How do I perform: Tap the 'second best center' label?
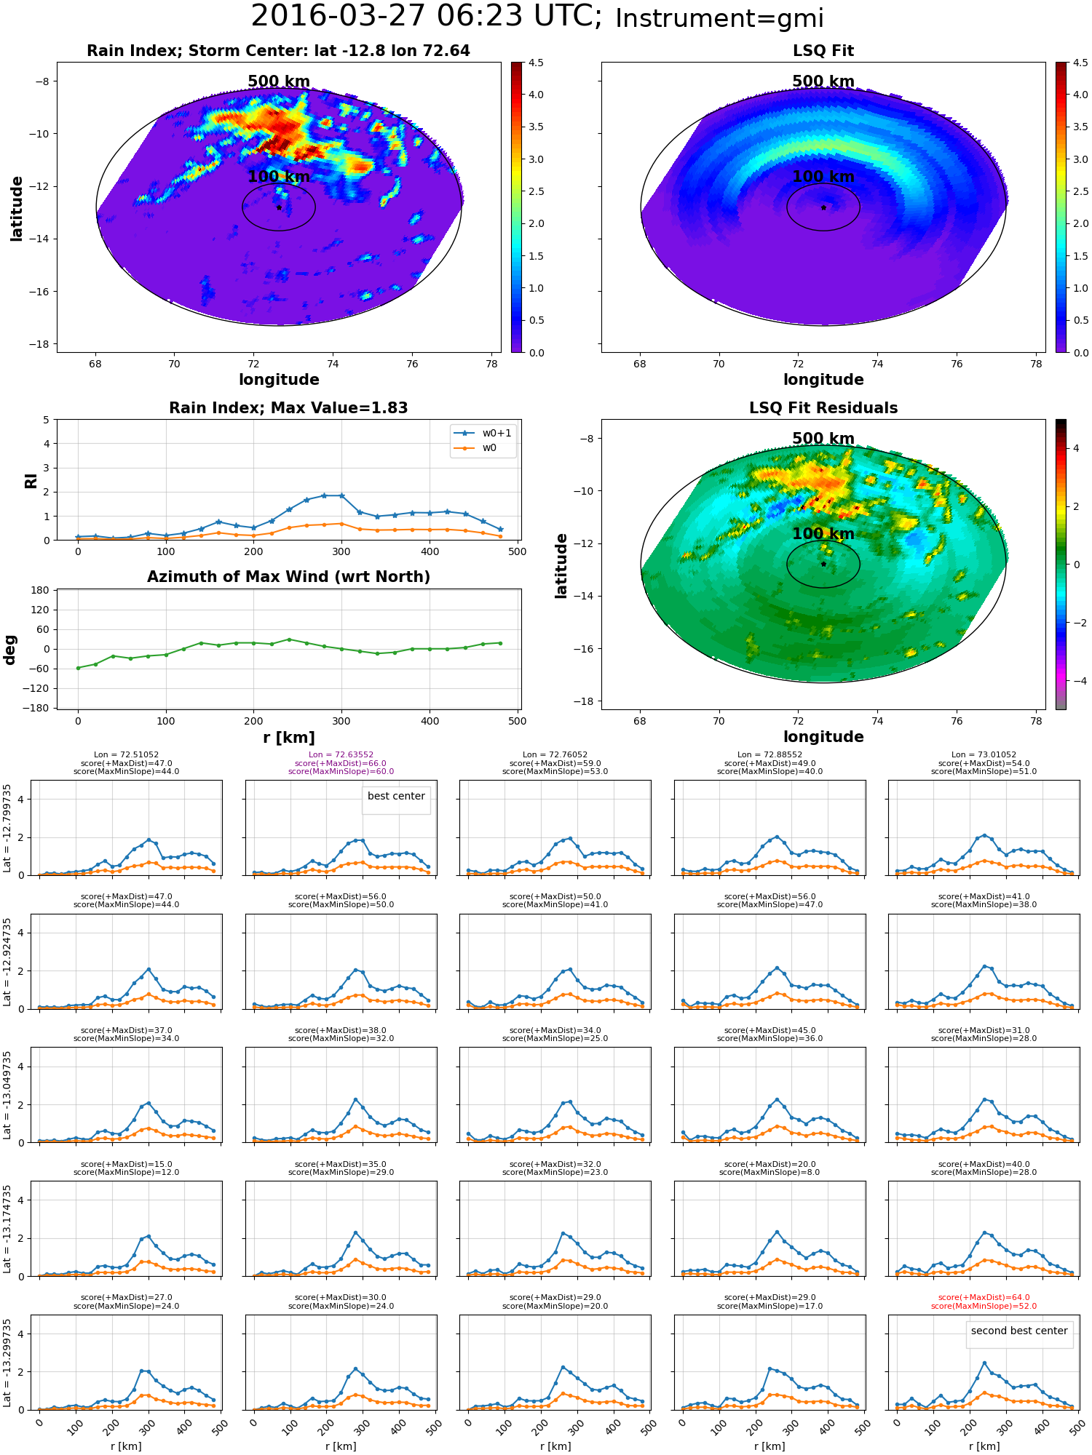pos(1019,1331)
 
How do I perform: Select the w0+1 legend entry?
pos(483,434)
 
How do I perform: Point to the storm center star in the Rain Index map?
pos(279,207)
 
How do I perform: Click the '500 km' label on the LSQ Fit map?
pos(823,81)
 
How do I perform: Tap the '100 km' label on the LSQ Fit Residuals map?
pos(823,534)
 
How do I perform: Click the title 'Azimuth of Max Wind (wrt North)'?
pos(288,577)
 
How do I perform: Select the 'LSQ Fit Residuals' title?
pos(823,408)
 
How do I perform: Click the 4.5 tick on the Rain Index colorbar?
pos(536,63)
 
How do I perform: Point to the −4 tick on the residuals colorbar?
pos(1076,681)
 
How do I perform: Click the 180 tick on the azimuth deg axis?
pos(41,590)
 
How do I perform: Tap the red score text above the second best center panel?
pos(984,1301)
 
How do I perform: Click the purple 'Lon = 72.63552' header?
pos(341,755)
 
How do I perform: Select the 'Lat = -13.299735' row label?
pos(7,1363)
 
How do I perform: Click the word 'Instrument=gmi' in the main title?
pos(719,18)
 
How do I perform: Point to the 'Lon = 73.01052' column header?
pos(984,755)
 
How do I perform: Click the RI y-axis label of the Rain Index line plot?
pos(31,480)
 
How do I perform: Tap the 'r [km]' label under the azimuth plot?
pos(288,738)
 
